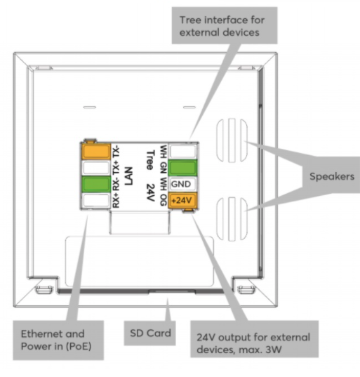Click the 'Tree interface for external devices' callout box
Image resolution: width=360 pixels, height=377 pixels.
click(225, 25)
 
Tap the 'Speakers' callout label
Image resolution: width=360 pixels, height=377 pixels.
click(332, 176)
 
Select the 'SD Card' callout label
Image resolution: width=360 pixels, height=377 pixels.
click(150, 333)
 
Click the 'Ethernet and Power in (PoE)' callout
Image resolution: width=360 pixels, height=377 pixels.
click(58, 340)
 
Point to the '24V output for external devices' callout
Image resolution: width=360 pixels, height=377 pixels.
click(254, 339)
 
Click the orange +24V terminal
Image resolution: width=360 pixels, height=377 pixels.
click(182, 201)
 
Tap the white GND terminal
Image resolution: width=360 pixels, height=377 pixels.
click(182, 184)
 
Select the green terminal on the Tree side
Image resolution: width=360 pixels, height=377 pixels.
click(182, 168)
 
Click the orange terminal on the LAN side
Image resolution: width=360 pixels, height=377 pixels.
click(96, 152)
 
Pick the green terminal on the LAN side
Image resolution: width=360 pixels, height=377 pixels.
click(96, 184)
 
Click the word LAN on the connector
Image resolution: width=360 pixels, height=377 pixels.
click(129, 176)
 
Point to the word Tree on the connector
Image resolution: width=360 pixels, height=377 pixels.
click(151, 160)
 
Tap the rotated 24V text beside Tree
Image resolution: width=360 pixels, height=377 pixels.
click(151, 192)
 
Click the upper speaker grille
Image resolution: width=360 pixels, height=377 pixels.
click(232, 140)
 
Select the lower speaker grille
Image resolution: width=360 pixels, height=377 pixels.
click(232, 219)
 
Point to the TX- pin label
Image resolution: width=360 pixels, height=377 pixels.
click(116, 152)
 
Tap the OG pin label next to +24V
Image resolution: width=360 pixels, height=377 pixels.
click(164, 200)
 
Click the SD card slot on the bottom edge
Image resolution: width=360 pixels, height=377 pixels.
click(172, 291)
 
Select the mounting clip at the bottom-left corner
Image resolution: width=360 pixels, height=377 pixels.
click(44, 289)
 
